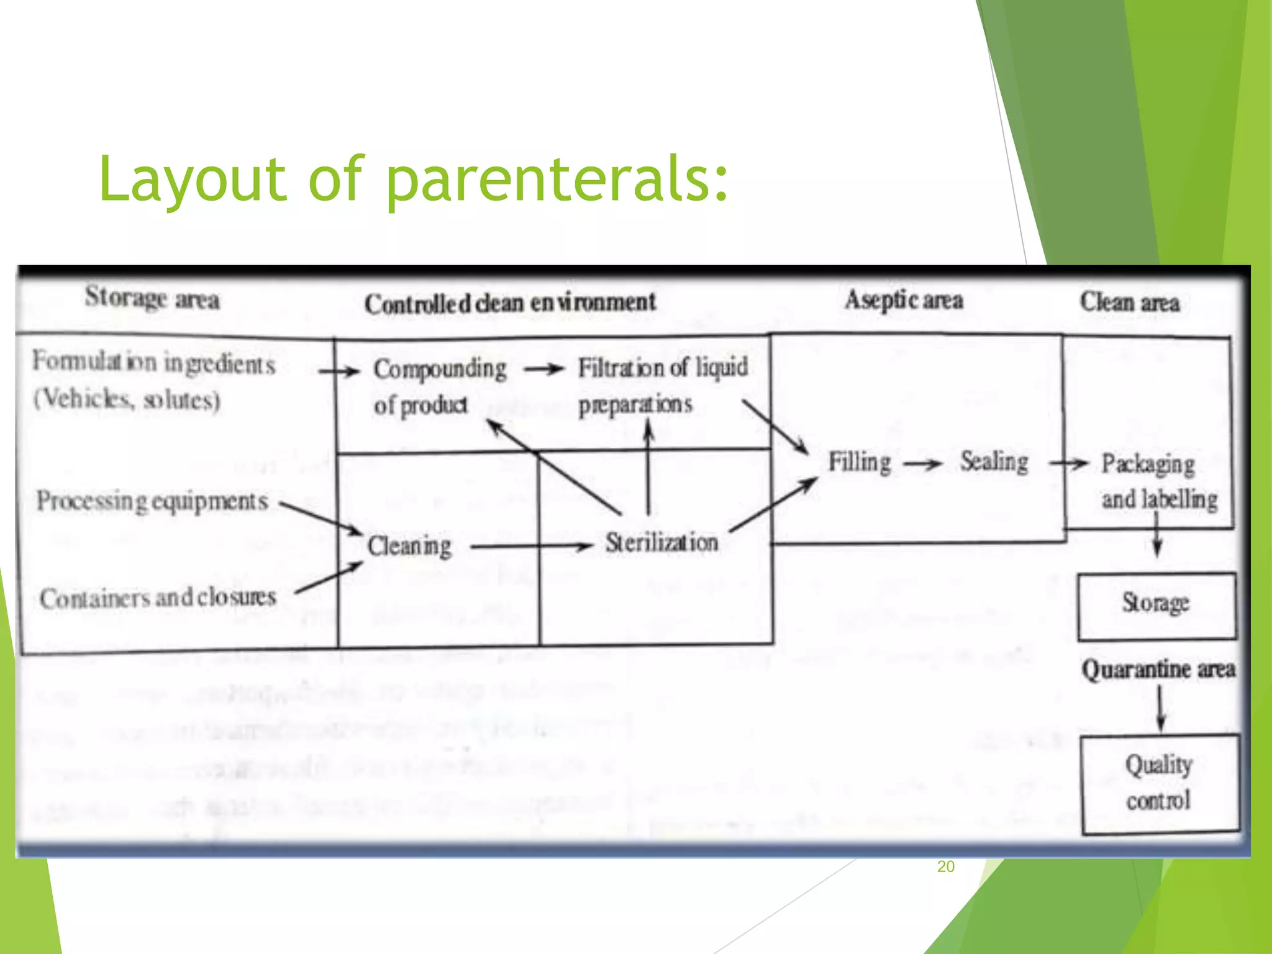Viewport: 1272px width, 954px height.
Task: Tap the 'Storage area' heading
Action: pyautogui.click(x=152, y=298)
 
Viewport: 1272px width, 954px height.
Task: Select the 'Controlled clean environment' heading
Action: pyautogui.click(x=510, y=303)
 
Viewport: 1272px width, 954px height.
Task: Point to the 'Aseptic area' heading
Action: pyautogui.click(x=904, y=301)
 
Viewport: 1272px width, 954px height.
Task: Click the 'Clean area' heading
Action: pyautogui.click(x=1130, y=302)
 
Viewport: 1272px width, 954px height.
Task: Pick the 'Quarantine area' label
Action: pyautogui.click(x=1158, y=670)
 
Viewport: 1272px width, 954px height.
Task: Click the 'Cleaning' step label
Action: pyautogui.click(x=409, y=546)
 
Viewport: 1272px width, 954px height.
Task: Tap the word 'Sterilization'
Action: pyautogui.click(x=662, y=543)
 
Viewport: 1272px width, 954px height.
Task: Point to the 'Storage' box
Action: pyautogui.click(x=1156, y=606)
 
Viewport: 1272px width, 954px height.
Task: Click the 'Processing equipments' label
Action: pyautogui.click(x=152, y=501)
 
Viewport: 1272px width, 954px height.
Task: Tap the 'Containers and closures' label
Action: pyautogui.click(x=158, y=597)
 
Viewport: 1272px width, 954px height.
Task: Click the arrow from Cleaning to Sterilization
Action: pyautogui.click(x=532, y=547)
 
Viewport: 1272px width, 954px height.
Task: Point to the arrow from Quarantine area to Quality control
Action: pyautogui.click(x=1160, y=709)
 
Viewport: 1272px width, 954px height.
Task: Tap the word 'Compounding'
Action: pyautogui.click(x=440, y=369)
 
